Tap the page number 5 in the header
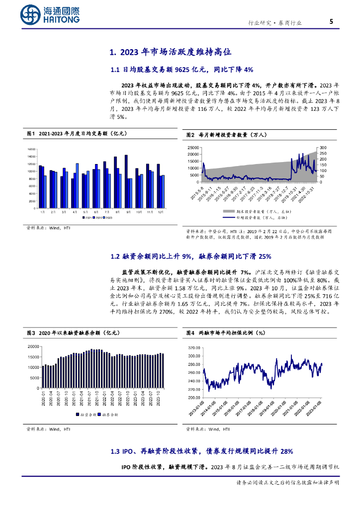click(x=331, y=21)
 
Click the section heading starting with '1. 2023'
click(x=170, y=52)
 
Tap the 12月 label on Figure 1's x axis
click(x=160, y=212)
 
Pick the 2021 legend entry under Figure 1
click(x=88, y=218)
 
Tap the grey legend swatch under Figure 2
click(x=217, y=211)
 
